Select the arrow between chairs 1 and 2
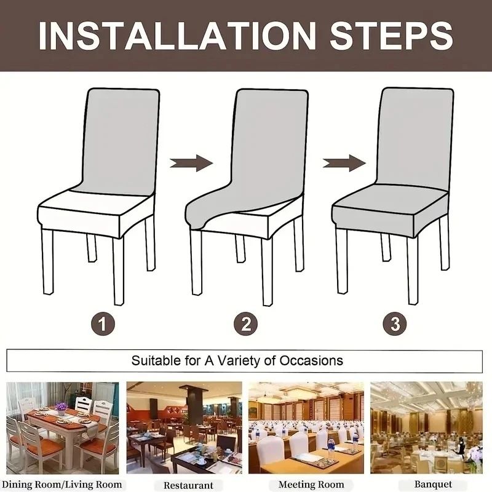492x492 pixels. [191, 163]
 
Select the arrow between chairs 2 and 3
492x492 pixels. [344, 163]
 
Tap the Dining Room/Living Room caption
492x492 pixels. [65, 485]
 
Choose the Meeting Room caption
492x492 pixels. [311, 485]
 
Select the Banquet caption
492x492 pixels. [432, 485]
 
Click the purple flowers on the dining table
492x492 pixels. [61, 407]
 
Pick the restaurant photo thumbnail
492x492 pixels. [184, 427]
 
